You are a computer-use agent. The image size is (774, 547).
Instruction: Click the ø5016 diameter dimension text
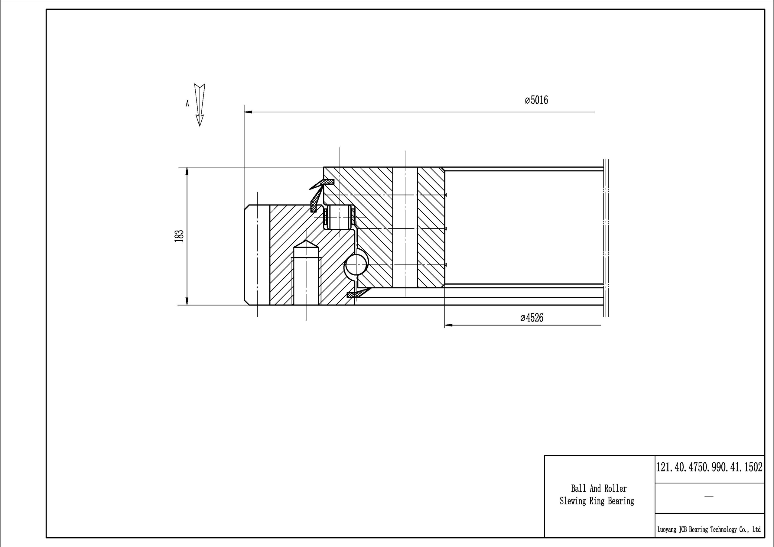[x=536, y=100]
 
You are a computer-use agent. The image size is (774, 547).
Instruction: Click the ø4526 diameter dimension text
[x=532, y=318]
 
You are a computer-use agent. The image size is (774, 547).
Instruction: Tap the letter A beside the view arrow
[x=187, y=103]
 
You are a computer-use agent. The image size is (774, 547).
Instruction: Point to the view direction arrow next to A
[x=200, y=105]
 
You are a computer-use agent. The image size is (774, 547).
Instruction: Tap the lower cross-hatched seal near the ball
[x=359, y=293]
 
